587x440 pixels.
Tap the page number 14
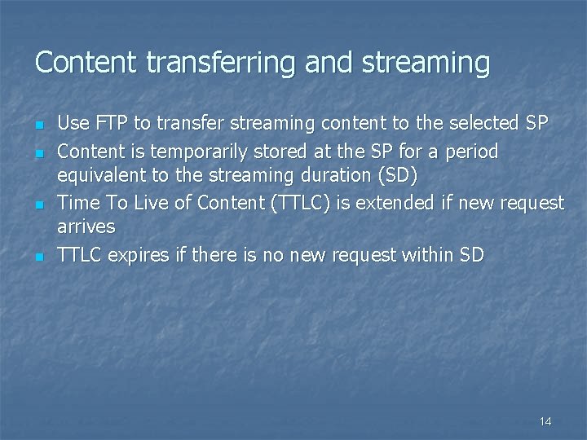545,421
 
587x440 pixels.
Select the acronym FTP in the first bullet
109,124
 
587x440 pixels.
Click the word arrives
86,226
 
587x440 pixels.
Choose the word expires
139,255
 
